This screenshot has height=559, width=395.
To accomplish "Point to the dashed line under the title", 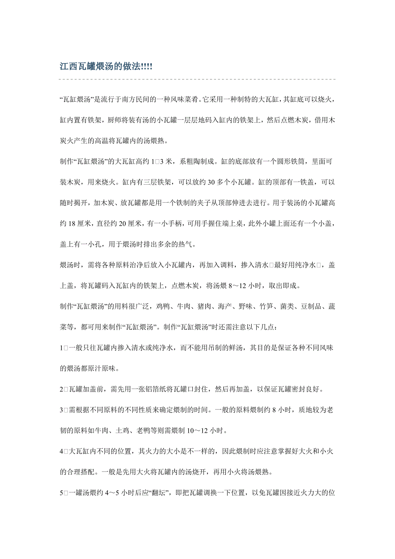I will coord(197,79).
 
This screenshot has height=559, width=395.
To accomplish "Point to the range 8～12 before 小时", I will coord(232,286).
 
